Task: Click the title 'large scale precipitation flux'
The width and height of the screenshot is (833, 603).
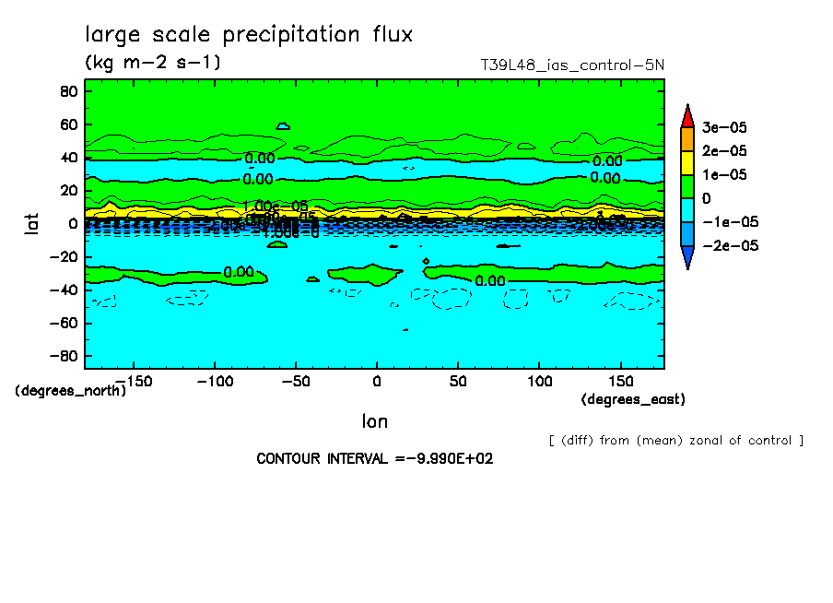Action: (x=249, y=35)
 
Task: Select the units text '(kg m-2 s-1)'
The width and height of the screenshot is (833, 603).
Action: (x=153, y=63)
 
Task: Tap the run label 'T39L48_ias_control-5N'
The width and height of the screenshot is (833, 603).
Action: (x=572, y=65)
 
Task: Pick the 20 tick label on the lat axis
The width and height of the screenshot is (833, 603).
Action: (x=68, y=191)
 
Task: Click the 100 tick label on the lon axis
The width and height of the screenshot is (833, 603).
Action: (x=540, y=380)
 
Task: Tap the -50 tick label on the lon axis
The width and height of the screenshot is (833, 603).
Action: (x=295, y=380)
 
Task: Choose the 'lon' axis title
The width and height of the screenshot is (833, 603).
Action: (x=374, y=421)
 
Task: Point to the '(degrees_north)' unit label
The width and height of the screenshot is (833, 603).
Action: (x=70, y=390)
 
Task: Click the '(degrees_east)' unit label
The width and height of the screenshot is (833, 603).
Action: (x=633, y=399)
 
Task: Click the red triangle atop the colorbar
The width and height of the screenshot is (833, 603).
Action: (x=686, y=115)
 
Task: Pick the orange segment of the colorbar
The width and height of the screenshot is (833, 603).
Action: (x=686, y=138)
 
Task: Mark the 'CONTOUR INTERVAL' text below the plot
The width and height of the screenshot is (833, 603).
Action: (x=374, y=459)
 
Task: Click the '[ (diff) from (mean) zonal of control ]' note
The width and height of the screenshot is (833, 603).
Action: (x=675, y=440)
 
